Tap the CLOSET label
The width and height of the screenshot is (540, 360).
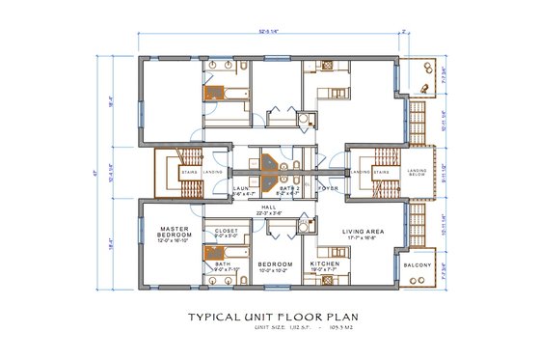click(x=227, y=232)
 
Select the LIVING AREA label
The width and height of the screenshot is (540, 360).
click(x=364, y=232)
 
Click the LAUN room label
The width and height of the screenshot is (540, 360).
click(x=240, y=190)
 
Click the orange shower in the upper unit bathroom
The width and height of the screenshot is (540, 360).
click(x=212, y=94)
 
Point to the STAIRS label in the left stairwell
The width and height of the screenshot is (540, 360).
click(x=188, y=173)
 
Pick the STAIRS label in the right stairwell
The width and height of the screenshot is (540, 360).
click(x=382, y=173)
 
